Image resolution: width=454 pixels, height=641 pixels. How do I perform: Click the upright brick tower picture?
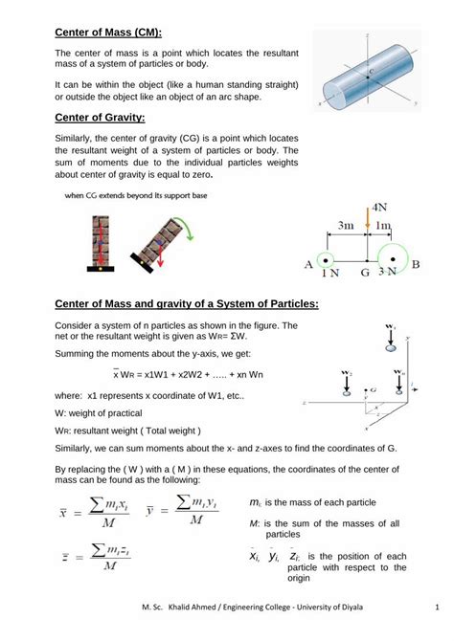(97, 244)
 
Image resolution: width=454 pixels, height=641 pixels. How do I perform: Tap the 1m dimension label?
(384, 226)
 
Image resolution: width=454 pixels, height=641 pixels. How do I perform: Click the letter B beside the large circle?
(416, 264)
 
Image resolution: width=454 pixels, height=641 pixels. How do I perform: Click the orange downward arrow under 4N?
(367, 223)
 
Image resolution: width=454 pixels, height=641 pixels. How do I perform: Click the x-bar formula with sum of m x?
(89, 511)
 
